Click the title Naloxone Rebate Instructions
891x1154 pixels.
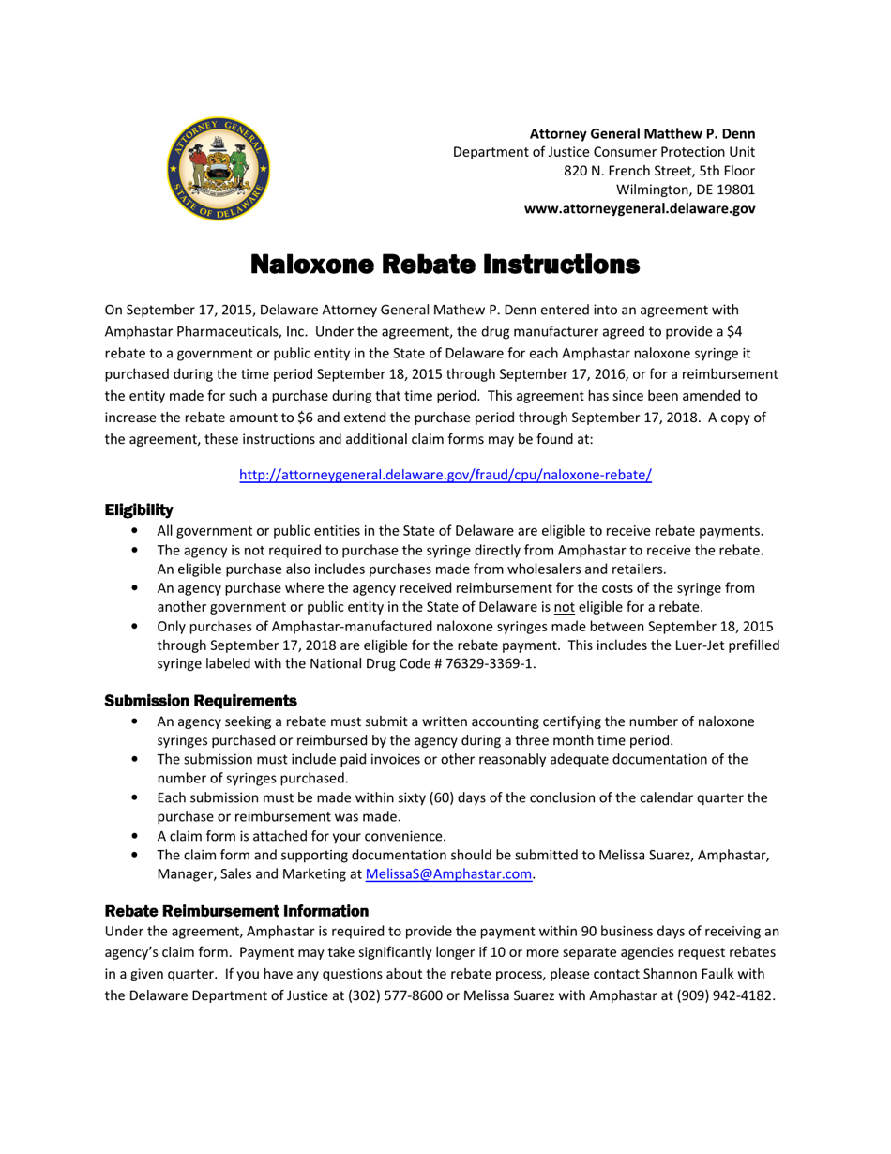(x=445, y=265)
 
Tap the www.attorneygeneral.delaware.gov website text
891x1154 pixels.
(x=640, y=209)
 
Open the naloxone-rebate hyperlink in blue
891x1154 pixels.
(x=445, y=475)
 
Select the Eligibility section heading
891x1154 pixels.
(x=139, y=509)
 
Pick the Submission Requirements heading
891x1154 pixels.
(x=201, y=701)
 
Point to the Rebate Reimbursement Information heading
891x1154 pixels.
(x=236, y=911)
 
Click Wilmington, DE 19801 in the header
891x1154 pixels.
(x=686, y=190)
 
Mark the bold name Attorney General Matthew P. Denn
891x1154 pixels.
(x=642, y=133)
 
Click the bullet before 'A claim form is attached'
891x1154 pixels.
(x=137, y=836)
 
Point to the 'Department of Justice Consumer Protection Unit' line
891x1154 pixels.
(x=604, y=152)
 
